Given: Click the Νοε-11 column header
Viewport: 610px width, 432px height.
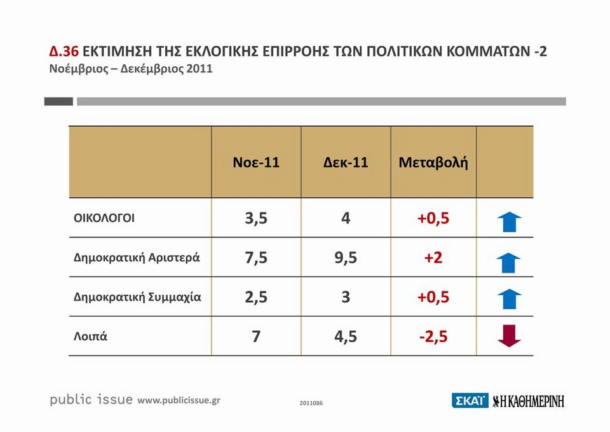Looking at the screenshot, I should point(256,163).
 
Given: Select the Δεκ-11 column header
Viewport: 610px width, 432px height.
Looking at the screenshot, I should point(346,163).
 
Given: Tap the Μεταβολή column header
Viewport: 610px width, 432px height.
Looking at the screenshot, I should point(433,163).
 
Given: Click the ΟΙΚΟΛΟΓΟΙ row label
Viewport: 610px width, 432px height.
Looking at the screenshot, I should point(105,218).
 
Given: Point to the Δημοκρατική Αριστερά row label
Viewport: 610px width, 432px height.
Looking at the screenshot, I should point(137,258).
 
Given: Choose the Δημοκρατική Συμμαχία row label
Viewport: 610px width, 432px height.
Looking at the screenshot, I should point(138,296).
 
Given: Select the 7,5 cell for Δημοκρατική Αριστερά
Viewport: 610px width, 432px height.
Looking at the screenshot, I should point(256,258).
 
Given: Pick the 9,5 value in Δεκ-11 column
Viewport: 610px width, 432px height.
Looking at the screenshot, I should point(346,258).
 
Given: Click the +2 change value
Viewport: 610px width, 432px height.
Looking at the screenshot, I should point(433,258).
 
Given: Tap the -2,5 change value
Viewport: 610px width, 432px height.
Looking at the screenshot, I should point(433,336).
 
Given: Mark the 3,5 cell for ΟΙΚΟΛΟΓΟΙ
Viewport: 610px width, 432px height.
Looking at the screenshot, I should point(256,218).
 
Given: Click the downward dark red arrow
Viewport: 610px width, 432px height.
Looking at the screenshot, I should point(509,336).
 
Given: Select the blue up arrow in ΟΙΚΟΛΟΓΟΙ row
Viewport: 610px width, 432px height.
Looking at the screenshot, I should point(509,221).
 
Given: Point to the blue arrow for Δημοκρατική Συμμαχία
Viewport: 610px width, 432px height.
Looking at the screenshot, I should point(509,298).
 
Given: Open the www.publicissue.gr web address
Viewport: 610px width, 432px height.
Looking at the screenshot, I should point(179,400).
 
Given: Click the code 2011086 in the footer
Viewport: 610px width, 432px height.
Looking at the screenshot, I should point(311,403).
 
